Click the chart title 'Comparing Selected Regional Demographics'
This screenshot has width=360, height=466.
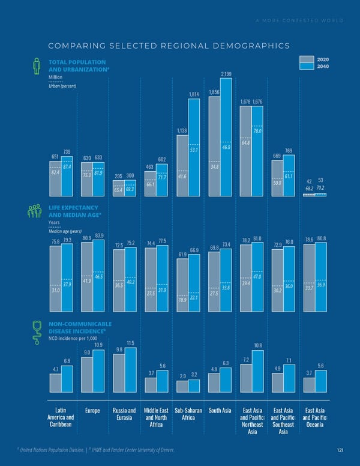click(169, 46)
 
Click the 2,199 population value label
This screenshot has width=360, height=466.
click(226, 74)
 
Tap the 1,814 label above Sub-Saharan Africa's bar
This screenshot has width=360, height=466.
click(194, 94)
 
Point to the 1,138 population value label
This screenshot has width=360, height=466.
click(183, 130)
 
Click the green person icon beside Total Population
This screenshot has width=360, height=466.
click(36, 66)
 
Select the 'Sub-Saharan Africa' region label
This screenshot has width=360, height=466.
click(188, 415)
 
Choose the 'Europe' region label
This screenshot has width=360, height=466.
click(93, 411)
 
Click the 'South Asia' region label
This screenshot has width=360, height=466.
click(220, 411)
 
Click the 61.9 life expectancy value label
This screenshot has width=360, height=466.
click(183, 255)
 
